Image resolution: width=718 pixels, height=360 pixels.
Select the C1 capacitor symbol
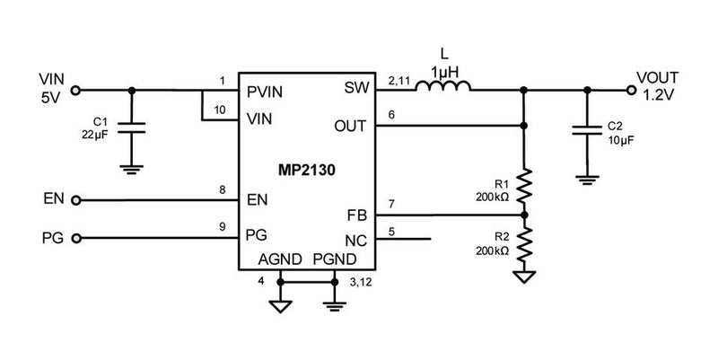(133, 128)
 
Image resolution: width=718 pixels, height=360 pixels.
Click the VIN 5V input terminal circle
(75, 90)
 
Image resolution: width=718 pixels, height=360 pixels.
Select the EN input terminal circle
(75, 200)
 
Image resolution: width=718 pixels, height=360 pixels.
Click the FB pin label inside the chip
(356, 216)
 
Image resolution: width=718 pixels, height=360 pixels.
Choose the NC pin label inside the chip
(355, 240)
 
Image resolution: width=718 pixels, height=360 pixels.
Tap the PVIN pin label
(265, 90)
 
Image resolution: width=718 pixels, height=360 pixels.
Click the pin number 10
(220, 110)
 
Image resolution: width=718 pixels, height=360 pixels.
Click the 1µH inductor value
(447, 70)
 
